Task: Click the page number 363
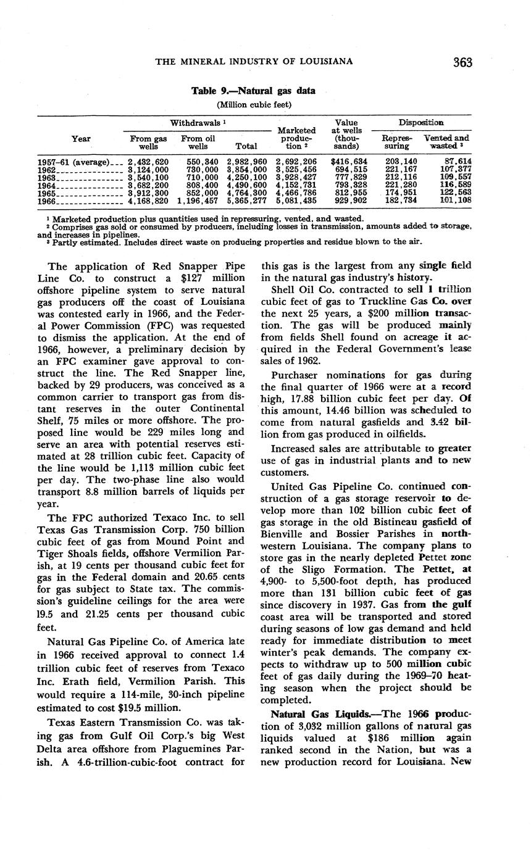click(x=462, y=62)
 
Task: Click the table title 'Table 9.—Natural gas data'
click(x=253, y=91)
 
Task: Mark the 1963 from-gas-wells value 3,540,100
click(x=148, y=177)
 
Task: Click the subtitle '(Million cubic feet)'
click(x=253, y=104)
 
